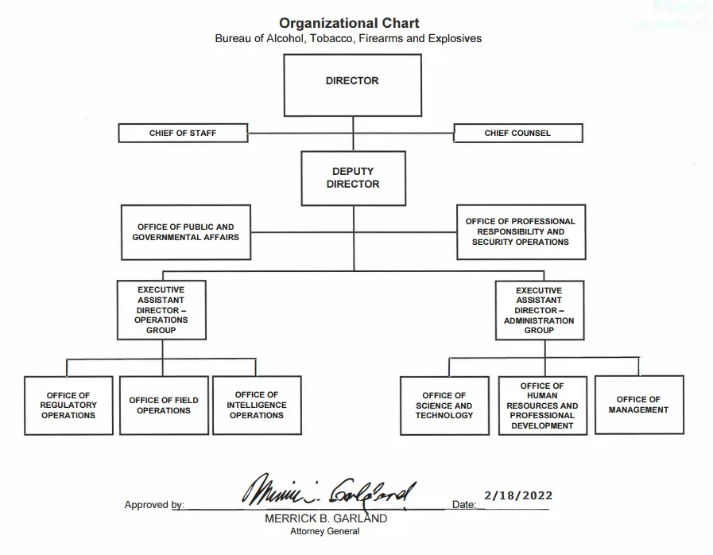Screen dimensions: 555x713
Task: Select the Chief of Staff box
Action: click(x=183, y=133)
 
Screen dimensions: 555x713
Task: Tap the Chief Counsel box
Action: click(x=517, y=133)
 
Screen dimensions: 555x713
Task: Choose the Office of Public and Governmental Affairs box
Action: click(x=186, y=231)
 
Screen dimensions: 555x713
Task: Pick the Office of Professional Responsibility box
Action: click(x=521, y=231)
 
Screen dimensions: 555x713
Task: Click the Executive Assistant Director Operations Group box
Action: click(x=161, y=310)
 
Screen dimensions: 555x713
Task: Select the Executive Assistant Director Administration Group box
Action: click(x=539, y=310)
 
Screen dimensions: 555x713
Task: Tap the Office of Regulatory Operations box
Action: click(x=68, y=405)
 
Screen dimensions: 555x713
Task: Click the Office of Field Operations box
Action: click(x=164, y=405)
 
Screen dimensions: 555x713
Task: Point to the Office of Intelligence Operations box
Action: click(x=257, y=405)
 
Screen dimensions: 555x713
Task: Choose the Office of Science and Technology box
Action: click(x=444, y=405)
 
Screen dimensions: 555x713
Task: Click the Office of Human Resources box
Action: click(x=543, y=406)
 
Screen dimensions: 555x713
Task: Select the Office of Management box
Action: click(x=638, y=405)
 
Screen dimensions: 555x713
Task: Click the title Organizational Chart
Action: click(x=349, y=23)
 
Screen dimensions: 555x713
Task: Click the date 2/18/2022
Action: click(x=517, y=495)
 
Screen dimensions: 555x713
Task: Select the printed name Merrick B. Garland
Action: click(x=326, y=518)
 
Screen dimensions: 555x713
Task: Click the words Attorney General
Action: click(x=326, y=532)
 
